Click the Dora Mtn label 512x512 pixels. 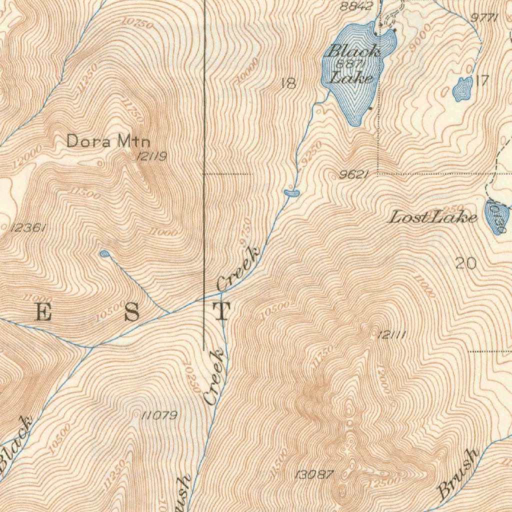point(108,141)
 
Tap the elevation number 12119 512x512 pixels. point(151,157)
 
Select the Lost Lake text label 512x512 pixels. point(433,217)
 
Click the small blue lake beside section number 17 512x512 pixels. point(462,89)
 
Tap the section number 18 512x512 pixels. point(288,84)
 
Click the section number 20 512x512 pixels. point(465,263)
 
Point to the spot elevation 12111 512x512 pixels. point(390,336)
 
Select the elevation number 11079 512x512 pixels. point(159,415)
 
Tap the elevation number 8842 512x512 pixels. point(356,6)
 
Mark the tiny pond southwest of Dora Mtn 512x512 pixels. point(104,254)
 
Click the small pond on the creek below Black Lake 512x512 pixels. point(291,192)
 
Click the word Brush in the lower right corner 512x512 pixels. point(457,473)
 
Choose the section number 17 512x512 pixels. point(481,81)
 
